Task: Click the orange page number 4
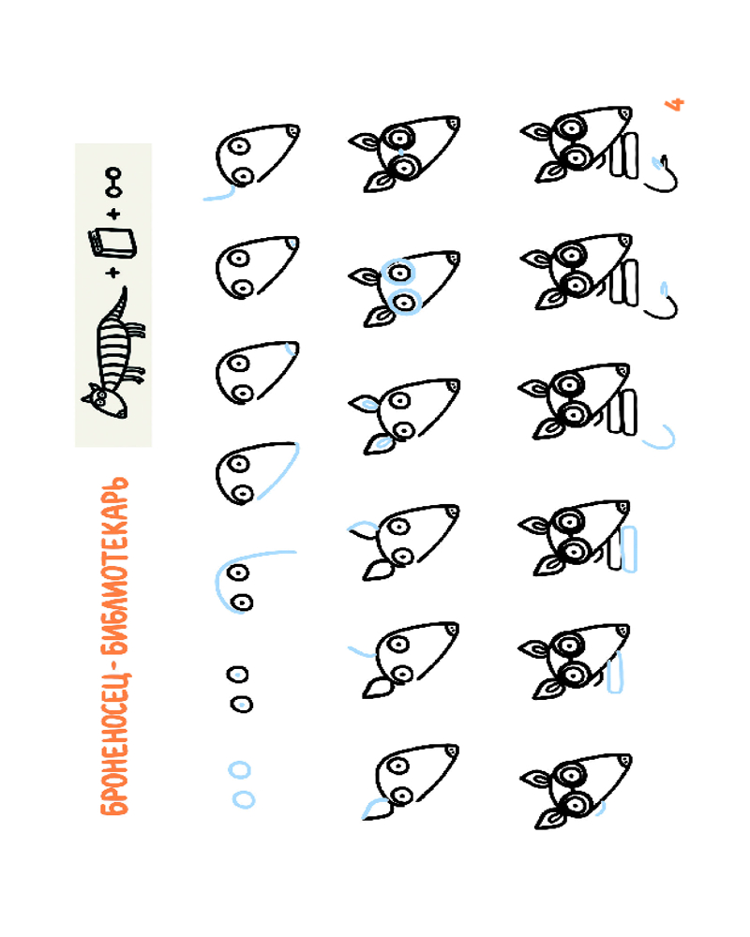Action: [x=675, y=105]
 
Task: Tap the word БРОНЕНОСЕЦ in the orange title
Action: [x=114, y=745]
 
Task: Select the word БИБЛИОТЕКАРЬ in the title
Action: [x=114, y=565]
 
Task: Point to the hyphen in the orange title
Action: [x=114, y=664]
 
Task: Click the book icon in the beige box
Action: [x=112, y=243]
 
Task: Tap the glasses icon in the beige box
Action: [x=113, y=183]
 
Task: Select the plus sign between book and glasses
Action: [x=113, y=214]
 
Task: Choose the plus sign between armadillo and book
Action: [x=112, y=273]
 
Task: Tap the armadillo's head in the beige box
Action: [x=107, y=402]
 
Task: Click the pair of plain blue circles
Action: [x=242, y=784]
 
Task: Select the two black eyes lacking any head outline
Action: [x=240, y=689]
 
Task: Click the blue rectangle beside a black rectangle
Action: [x=629, y=549]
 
